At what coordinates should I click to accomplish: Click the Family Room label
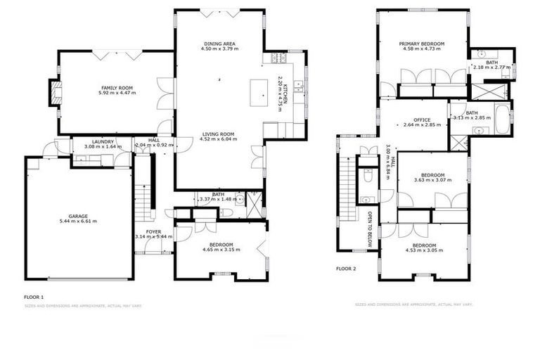[117, 87]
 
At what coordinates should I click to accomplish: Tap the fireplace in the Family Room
[53, 92]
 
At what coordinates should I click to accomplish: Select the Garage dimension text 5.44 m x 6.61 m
[77, 221]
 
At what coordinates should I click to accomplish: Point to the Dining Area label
[220, 43]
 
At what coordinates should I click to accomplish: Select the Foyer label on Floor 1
[153, 231]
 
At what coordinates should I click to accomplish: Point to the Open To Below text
[369, 224]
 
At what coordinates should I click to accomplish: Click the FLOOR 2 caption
[346, 269]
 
